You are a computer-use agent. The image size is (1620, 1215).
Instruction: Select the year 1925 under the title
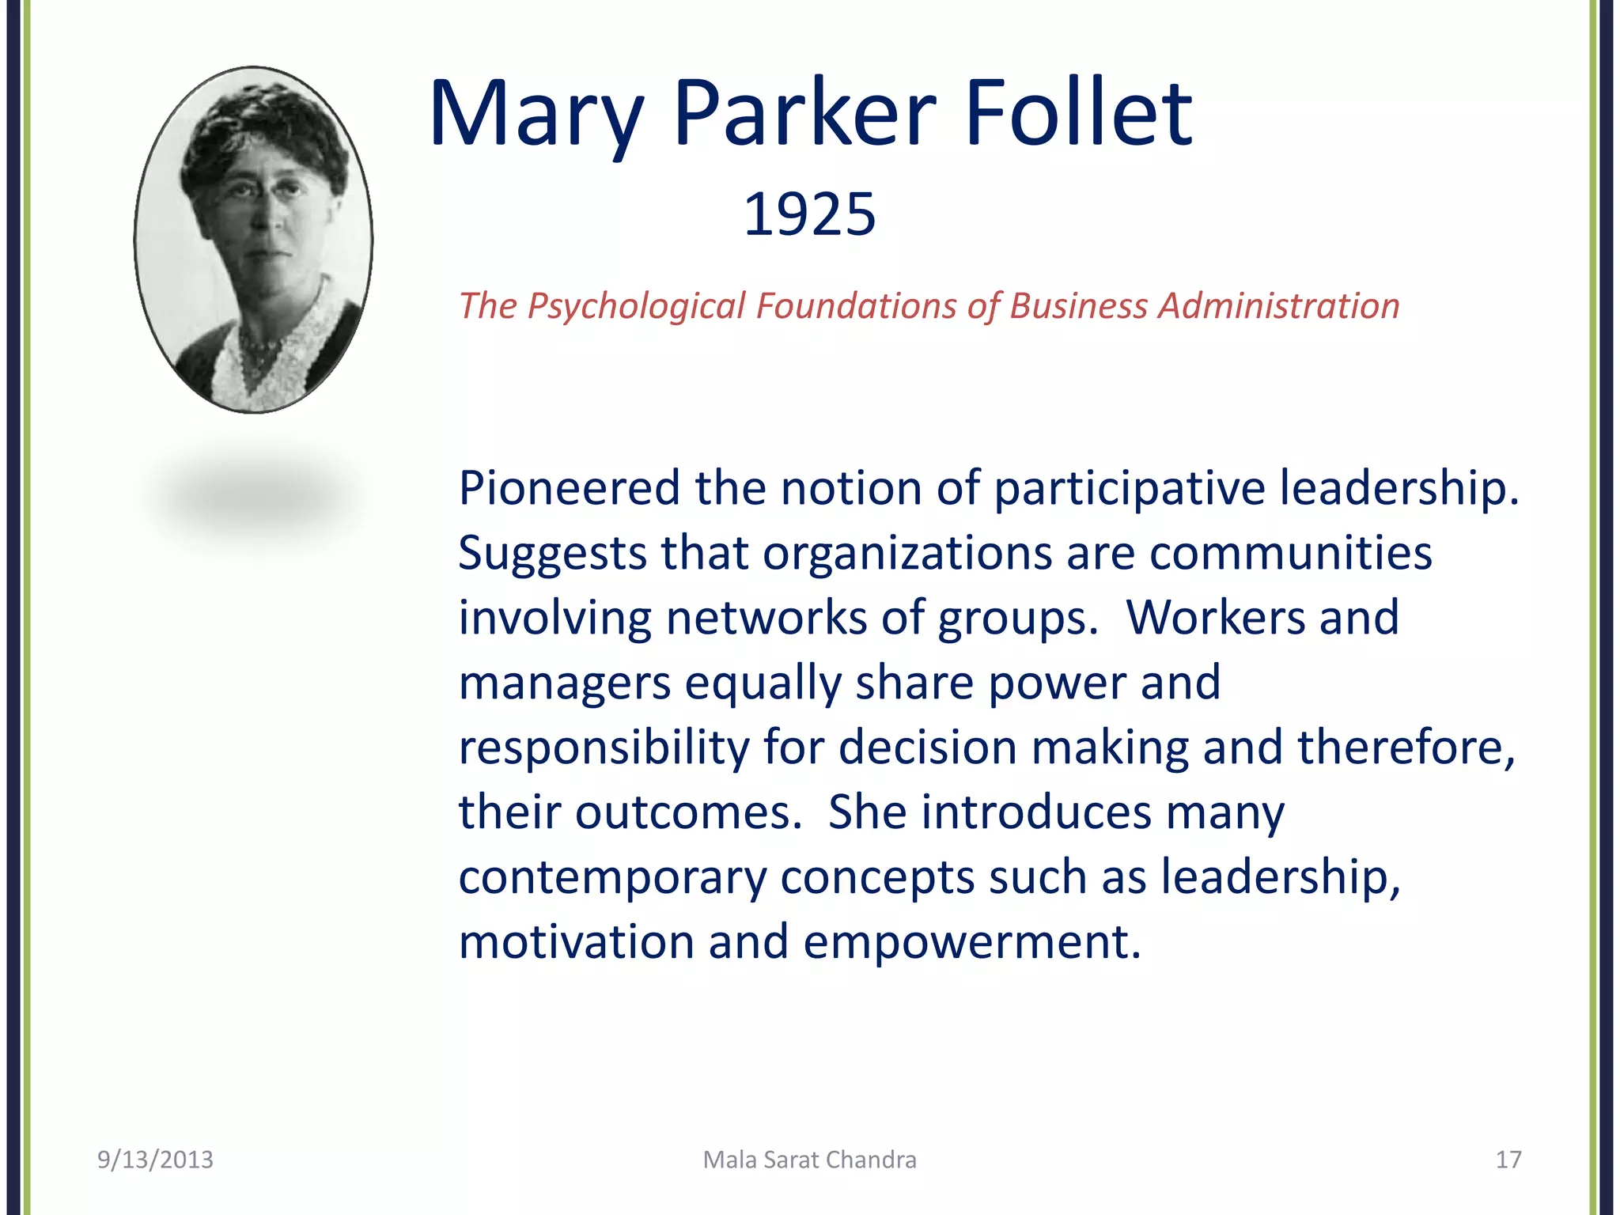[x=810, y=214]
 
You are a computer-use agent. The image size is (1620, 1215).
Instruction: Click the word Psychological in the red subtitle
[x=636, y=307]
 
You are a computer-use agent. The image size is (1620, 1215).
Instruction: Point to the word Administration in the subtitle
[x=1278, y=305]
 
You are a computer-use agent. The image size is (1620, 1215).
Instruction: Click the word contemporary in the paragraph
[x=613, y=878]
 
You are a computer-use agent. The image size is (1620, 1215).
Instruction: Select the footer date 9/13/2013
[x=155, y=1160]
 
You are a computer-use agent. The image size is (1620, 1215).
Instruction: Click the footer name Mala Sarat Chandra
[x=810, y=1160]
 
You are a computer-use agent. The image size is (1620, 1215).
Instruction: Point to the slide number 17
[x=1508, y=1160]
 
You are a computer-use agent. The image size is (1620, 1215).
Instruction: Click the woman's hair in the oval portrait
[x=261, y=127]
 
